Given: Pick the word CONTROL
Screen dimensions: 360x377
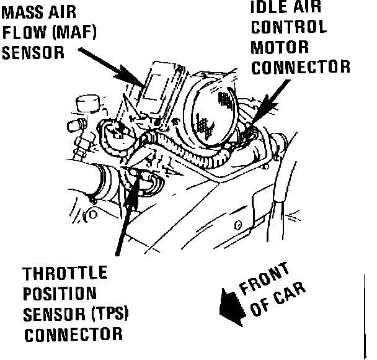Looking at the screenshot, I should pyautogui.click(x=288, y=28).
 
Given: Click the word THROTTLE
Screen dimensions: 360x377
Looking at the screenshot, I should pyautogui.click(x=65, y=274).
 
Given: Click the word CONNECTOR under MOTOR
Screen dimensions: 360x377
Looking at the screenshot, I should pyautogui.click(x=300, y=67).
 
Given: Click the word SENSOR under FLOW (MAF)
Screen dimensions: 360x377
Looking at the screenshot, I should pyautogui.click(x=33, y=53).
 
